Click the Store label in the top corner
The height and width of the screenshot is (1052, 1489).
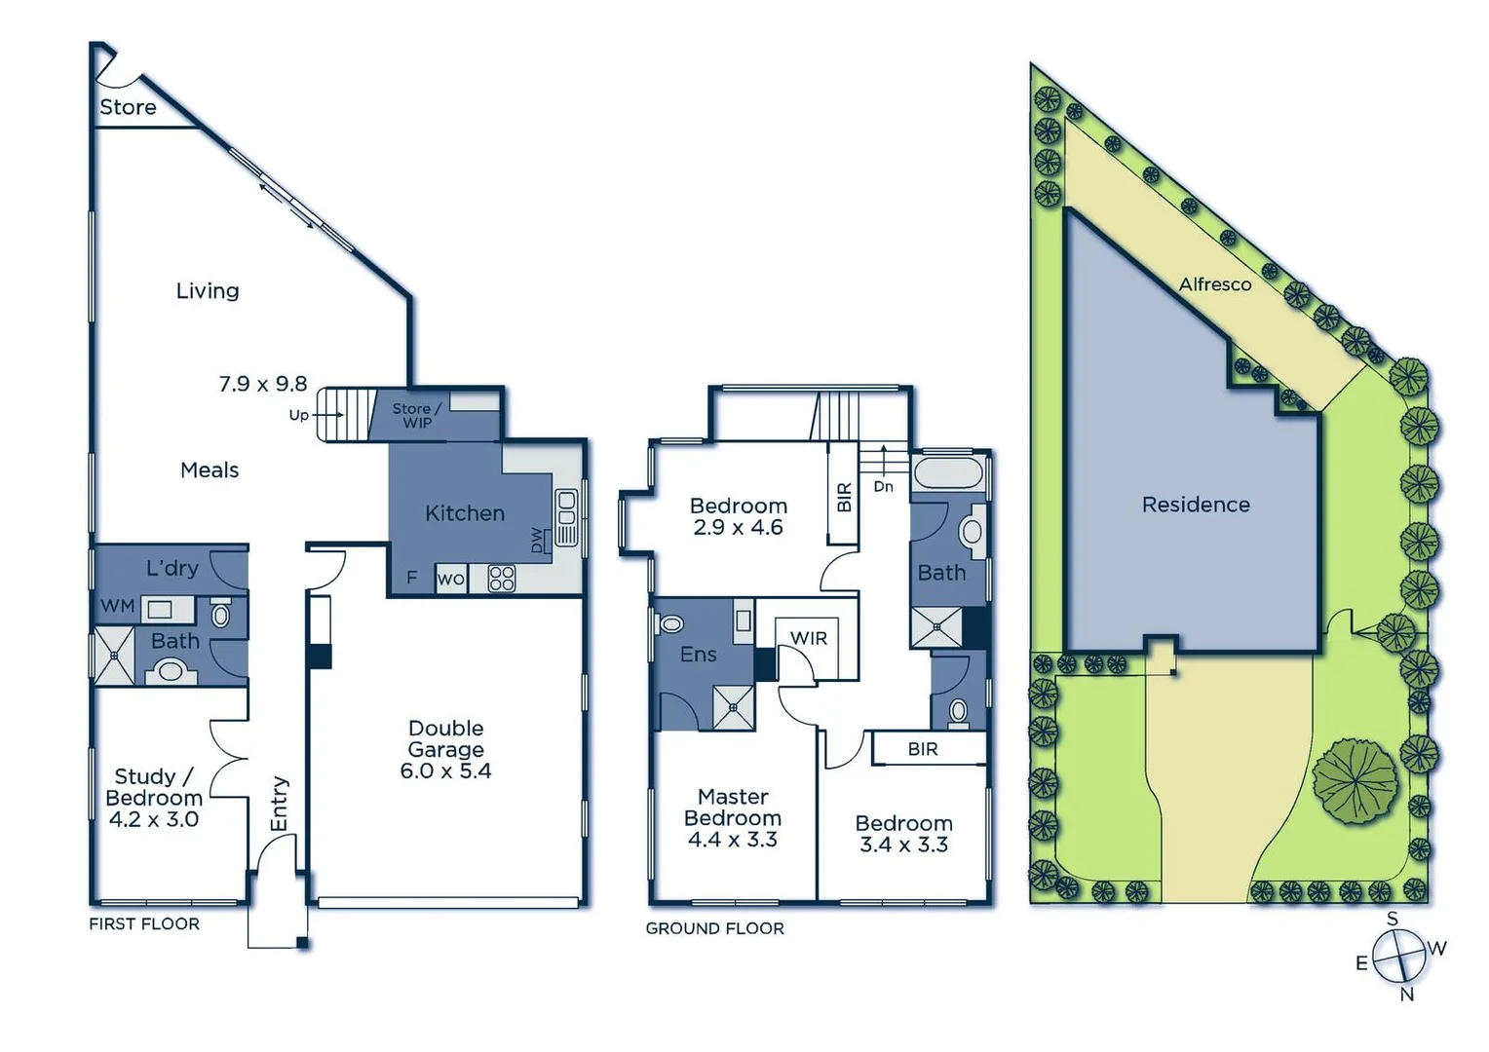(x=128, y=107)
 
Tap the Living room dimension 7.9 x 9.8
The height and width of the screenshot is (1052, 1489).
(x=263, y=384)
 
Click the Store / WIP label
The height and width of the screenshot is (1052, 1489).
(x=417, y=415)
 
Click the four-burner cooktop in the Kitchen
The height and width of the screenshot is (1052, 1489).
(x=502, y=578)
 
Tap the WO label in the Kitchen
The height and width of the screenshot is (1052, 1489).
(x=450, y=579)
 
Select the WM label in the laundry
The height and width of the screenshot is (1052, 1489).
(x=118, y=606)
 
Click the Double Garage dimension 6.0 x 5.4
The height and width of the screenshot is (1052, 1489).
(x=445, y=770)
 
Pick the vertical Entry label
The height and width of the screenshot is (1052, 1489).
(x=280, y=804)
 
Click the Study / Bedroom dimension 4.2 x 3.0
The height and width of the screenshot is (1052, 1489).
(x=154, y=819)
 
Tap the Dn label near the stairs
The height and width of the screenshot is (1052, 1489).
(x=883, y=486)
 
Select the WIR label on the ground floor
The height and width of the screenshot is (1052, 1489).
(x=809, y=638)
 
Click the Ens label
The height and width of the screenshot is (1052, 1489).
(x=699, y=655)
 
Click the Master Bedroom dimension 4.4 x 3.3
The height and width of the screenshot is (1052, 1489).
(x=733, y=840)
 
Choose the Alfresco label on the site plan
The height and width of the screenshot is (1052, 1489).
(x=1214, y=284)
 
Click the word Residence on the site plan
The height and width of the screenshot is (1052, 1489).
(x=1196, y=505)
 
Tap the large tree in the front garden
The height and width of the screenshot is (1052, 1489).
(x=1355, y=781)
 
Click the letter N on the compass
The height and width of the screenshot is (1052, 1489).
(x=1406, y=995)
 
